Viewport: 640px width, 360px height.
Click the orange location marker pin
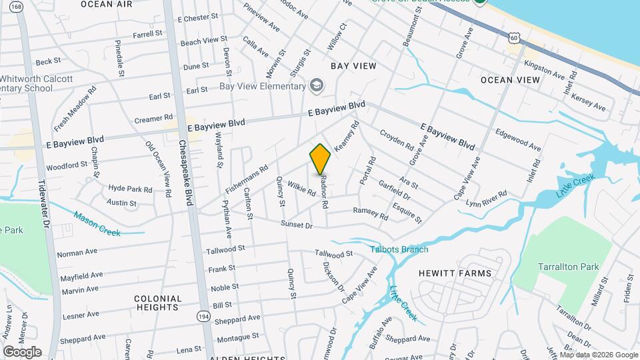click(320, 159)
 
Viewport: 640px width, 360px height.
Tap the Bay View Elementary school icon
click(316, 86)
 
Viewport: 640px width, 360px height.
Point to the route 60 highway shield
click(513, 38)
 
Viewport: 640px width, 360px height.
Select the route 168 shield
click(15, 7)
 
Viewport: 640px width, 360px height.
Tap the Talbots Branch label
click(399, 249)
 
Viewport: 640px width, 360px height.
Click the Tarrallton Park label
click(569, 267)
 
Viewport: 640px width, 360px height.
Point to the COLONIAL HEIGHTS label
click(158, 303)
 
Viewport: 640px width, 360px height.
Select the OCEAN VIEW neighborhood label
click(510, 80)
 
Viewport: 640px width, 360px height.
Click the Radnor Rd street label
click(324, 192)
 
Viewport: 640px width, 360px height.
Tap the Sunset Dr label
click(297, 225)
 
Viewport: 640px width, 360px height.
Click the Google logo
click(22, 351)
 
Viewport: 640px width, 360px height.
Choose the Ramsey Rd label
click(370, 213)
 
